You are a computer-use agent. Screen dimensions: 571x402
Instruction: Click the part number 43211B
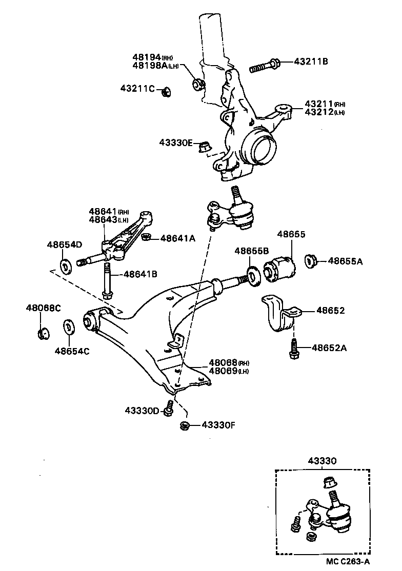tap(311, 62)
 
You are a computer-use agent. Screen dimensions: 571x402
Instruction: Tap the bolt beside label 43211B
tap(265, 66)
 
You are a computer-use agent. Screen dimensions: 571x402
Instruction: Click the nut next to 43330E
tap(205, 146)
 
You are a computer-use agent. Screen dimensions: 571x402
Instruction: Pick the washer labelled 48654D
tap(66, 267)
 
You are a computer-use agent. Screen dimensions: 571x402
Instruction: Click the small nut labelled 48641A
tap(146, 237)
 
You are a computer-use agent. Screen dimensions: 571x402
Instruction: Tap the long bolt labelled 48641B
tap(107, 279)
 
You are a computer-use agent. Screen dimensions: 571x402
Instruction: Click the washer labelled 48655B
tap(252, 275)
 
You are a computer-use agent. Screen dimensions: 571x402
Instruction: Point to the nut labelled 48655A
tap(310, 261)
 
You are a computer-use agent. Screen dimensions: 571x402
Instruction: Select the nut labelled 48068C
tap(43, 333)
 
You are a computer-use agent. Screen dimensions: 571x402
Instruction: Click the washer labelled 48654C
tap(67, 328)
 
